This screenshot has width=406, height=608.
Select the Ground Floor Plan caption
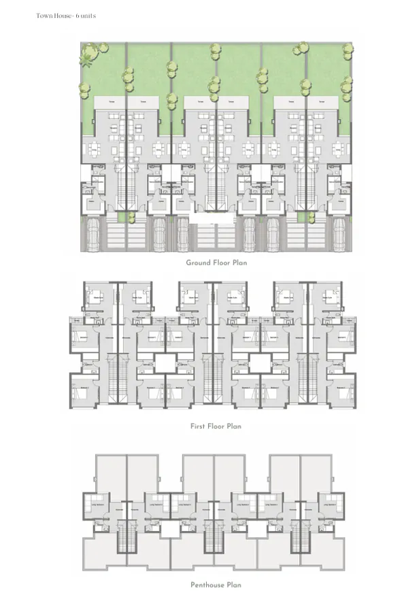pyautogui.click(x=216, y=263)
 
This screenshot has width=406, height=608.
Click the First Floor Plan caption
pyautogui.click(x=216, y=426)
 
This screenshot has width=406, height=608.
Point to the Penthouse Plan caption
pyautogui.click(x=216, y=584)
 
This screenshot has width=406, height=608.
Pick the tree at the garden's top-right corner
pyautogui.click(x=348, y=48)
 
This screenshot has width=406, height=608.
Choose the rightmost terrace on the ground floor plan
pyautogui.click(x=322, y=102)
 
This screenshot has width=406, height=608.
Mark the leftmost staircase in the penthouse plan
pyautogui.click(x=124, y=537)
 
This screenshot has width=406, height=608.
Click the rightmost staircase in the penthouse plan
pyautogui.click(x=300, y=537)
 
